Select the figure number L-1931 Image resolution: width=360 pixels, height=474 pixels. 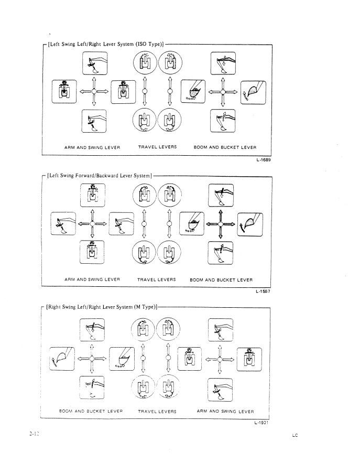point(261,423)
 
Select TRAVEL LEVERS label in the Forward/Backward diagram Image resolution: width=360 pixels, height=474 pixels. point(157,279)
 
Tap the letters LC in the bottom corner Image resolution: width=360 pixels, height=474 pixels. point(296,435)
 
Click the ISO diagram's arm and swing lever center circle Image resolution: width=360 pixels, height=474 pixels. point(93,91)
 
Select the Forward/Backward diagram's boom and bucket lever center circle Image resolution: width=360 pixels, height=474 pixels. point(221,224)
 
